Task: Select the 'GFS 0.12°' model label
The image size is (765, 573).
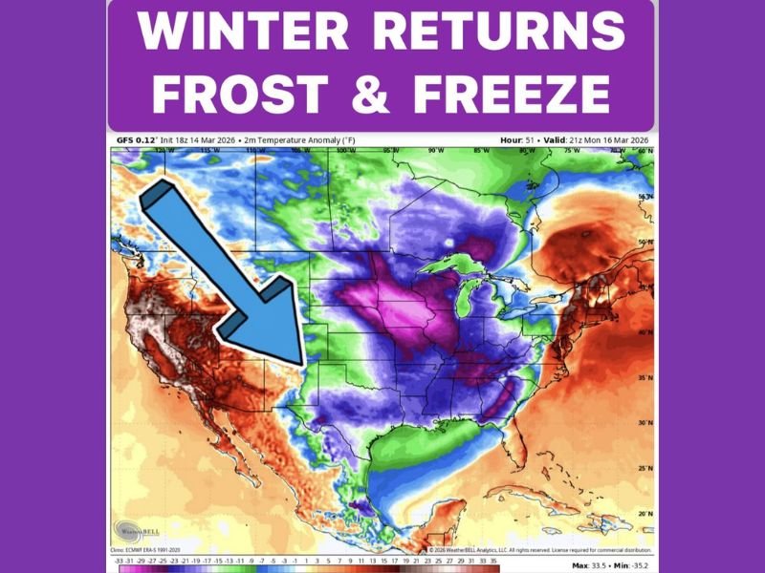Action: pos(133,140)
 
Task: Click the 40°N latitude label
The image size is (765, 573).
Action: pos(646,332)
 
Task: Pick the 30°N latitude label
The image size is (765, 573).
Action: pos(646,423)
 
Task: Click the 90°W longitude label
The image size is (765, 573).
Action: pos(437,151)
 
